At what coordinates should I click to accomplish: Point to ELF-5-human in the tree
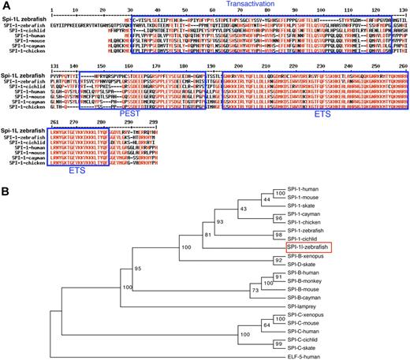point(304,354)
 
